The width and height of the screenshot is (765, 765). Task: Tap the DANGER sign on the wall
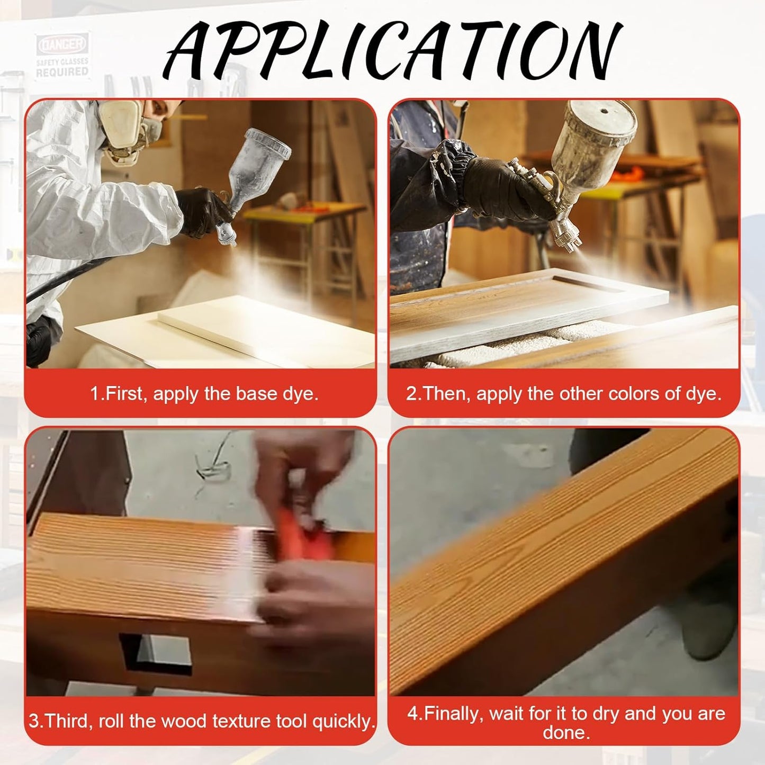pos(62,45)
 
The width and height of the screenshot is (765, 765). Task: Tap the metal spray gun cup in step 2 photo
pos(593,138)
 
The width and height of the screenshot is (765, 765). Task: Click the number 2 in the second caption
pos(411,393)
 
